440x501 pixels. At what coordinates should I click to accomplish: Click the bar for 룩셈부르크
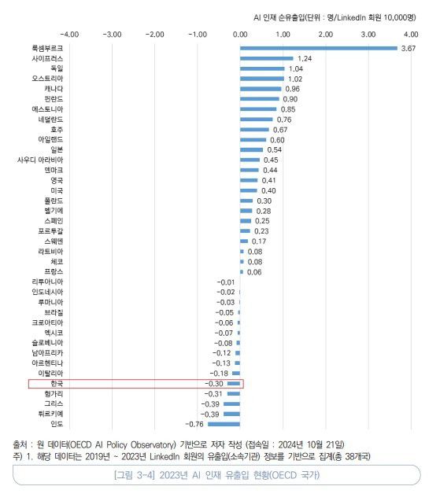(319, 49)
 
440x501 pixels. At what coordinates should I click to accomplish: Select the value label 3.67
(408, 49)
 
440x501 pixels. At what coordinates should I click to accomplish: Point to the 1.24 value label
(305, 59)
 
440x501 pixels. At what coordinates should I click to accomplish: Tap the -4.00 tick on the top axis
(69, 35)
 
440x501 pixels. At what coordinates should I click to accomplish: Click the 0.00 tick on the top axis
(240, 35)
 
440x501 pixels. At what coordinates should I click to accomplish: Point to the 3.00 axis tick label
(368, 35)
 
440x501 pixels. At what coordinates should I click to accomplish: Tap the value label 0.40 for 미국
(268, 190)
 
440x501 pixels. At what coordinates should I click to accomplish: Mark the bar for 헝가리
(234, 393)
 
